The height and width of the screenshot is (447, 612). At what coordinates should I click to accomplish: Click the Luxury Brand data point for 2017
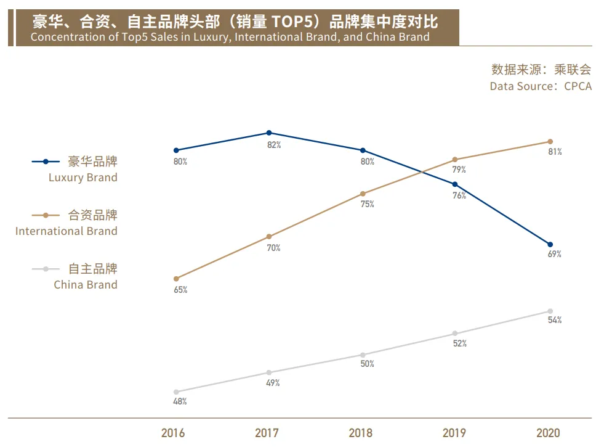pos(269,133)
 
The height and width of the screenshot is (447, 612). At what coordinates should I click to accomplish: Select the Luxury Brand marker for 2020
pos(550,244)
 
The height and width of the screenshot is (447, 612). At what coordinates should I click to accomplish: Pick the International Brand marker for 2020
pos(550,141)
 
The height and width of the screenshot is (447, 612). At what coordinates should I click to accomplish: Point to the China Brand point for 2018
pos(363,355)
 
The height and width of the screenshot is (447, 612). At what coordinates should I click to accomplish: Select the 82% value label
pos(273,145)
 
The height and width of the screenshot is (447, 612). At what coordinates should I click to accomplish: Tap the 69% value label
pos(554,254)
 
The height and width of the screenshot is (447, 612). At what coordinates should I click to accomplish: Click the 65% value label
pos(180,290)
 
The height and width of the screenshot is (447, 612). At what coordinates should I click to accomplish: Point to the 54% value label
pos(554,320)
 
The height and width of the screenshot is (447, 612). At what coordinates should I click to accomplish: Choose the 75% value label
pos(367,204)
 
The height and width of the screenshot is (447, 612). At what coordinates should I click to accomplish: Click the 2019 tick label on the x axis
pos(454,433)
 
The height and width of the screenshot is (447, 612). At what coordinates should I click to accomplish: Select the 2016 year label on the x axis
pos(173,433)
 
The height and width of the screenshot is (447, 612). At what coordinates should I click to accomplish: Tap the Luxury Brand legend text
pos(83,178)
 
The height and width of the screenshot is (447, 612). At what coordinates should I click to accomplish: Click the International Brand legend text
pos(66,231)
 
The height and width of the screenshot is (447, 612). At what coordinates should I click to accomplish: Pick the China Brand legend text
pos(86,285)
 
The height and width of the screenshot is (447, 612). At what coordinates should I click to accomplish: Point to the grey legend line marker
pos(46,269)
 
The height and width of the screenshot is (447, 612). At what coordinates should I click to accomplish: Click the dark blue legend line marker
pos(46,162)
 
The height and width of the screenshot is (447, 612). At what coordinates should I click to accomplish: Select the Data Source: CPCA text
pos(541,86)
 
